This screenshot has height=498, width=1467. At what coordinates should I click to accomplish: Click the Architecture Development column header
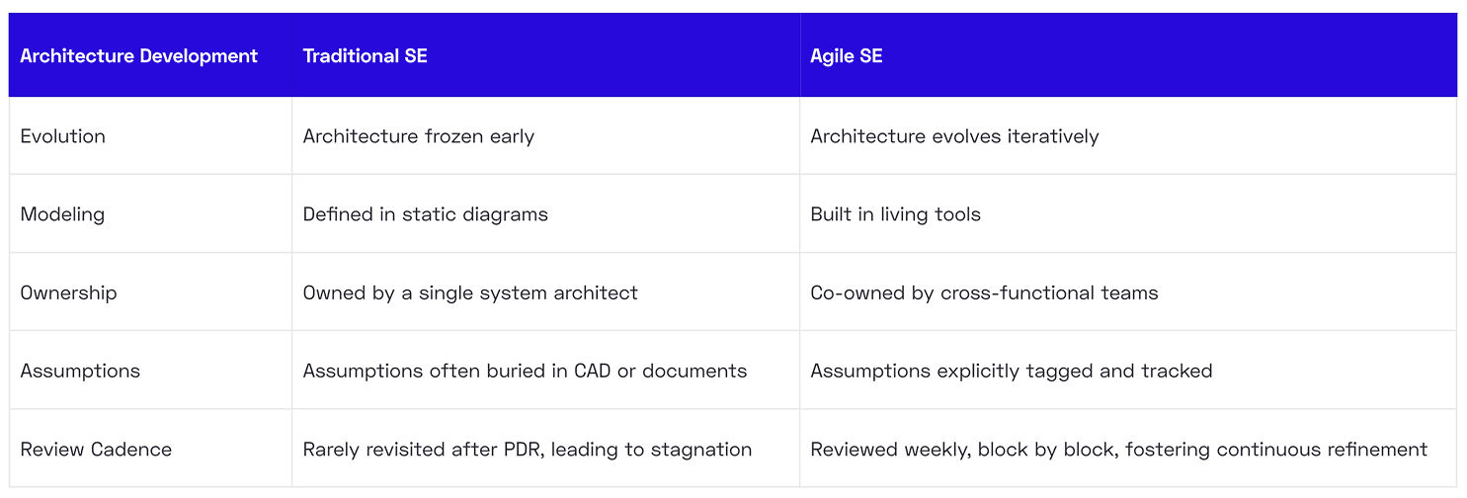pos(138,56)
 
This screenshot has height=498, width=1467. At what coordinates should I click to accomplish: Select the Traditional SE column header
pos(365,56)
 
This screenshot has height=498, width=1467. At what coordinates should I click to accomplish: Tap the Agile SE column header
pos(846,56)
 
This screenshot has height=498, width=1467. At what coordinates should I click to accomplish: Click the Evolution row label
pos(62,136)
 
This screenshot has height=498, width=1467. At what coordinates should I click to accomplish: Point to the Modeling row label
pos(62,214)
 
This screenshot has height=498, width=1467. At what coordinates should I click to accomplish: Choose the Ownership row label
pos(68,292)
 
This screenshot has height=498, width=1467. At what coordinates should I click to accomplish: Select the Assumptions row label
pos(80,371)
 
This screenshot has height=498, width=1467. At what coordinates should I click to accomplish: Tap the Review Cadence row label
pos(96,450)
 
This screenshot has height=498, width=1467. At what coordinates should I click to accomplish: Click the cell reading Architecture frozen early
pos(418,136)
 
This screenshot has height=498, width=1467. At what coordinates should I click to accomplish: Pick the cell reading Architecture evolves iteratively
pos(954,136)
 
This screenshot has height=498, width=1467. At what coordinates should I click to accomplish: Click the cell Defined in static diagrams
pos(425,214)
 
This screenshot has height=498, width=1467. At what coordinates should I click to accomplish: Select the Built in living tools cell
pos(895,214)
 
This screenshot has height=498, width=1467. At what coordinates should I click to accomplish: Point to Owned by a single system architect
pos(470,292)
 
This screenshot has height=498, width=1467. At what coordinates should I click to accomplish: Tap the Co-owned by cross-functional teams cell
pos(984,292)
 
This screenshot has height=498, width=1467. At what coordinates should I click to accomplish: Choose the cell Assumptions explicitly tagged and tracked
pos(1011,371)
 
